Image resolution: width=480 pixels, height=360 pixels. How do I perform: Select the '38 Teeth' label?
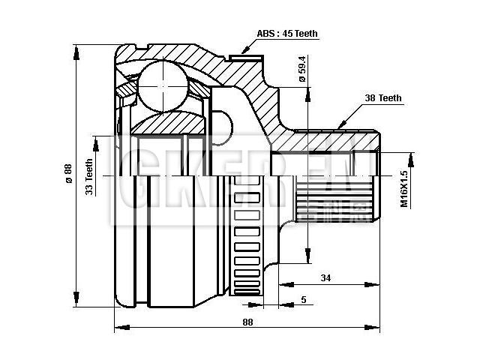tap(382, 97)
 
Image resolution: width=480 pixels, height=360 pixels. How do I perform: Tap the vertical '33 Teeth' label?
tap(90, 177)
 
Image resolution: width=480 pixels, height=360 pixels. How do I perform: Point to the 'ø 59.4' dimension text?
tap(301, 69)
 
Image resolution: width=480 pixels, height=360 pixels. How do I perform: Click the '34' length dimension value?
tap(325, 278)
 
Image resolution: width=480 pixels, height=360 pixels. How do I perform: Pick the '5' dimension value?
tap(303, 300)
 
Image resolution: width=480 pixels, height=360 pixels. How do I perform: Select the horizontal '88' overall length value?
tap(247, 322)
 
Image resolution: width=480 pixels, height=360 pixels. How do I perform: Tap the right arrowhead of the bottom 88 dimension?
tap(376, 328)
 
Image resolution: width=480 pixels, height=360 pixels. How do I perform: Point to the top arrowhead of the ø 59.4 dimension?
tap(307, 94)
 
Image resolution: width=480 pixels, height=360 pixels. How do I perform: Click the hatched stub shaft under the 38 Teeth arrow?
tap(330, 139)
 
